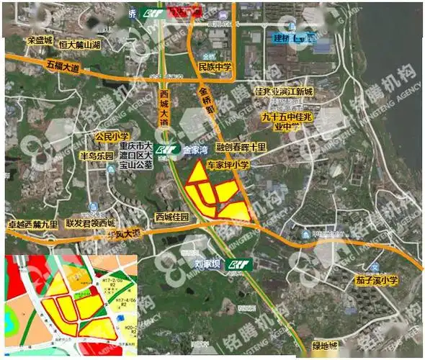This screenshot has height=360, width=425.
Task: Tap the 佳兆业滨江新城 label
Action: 283,93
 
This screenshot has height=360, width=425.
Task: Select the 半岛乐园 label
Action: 96,155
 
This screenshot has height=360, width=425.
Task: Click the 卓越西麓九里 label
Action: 32,224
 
